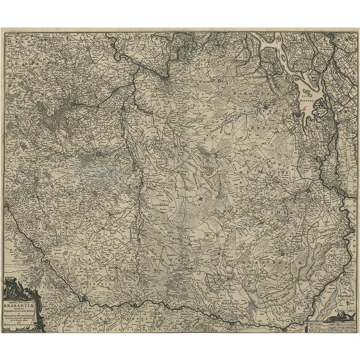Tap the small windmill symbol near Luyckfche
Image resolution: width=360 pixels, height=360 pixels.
pos(198,199)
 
